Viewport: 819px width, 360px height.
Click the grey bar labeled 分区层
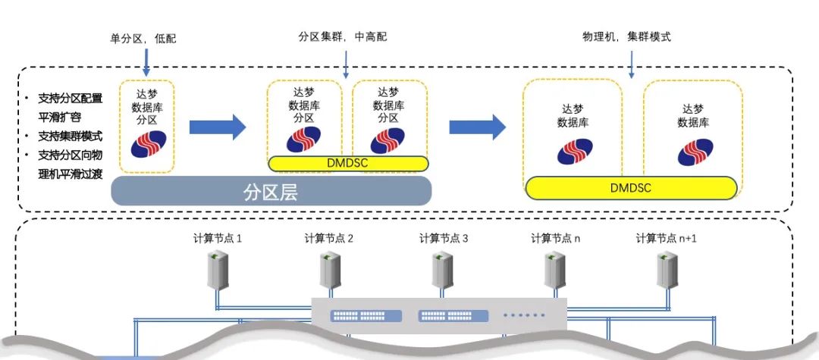[x=271, y=191]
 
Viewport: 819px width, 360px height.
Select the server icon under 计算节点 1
[x=218, y=271]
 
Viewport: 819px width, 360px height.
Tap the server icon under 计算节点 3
[x=444, y=271]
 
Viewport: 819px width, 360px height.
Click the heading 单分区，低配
[x=143, y=38]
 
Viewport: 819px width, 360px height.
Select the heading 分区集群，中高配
[x=346, y=36]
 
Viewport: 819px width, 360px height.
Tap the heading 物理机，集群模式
[x=626, y=36]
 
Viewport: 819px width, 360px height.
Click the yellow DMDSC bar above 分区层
[x=347, y=163]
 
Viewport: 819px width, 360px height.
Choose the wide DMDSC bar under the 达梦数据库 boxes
[x=630, y=187]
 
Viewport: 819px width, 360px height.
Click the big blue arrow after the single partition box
[x=217, y=127]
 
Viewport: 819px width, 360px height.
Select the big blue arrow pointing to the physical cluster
[x=477, y=127]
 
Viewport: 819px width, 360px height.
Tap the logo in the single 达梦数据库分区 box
[x=149, y=144]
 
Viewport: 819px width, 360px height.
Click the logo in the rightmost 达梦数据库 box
[x=695, y=152]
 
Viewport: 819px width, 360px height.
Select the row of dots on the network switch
[x=523, y=315]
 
